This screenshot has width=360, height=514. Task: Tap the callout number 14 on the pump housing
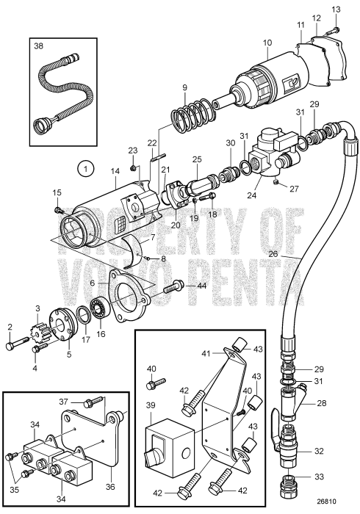click(115, 174)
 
